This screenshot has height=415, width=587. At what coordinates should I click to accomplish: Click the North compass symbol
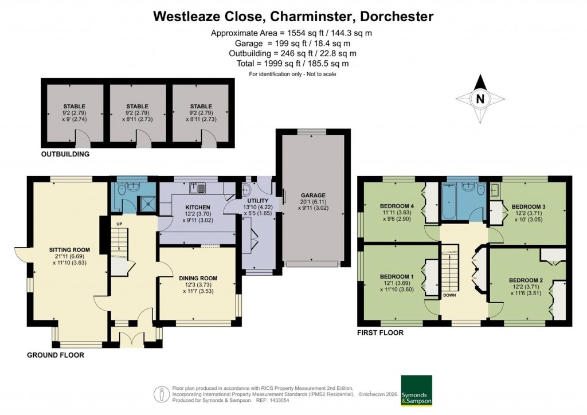tap(480, 99)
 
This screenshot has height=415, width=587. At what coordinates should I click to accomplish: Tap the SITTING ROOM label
tap(69, 249)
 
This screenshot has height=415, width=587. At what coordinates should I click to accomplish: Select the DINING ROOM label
tap(198, 279)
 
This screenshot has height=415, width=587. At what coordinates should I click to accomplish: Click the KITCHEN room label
tap(197, 207)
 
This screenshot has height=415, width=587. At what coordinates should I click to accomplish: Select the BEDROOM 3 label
tap(528, 206)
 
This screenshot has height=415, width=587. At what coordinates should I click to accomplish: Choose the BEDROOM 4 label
tap(396, 206)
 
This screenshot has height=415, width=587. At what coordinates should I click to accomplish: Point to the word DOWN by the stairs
tap(449, 296)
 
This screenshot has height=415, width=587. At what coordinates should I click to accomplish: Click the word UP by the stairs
tap(119, 223)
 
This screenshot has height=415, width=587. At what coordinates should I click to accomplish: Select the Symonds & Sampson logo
tap(416, 390)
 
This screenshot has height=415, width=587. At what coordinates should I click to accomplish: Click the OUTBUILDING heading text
tap(65, 154)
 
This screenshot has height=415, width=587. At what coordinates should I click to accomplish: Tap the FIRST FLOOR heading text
tap(380, 332)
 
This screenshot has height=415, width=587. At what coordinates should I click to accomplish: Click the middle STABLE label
tap(137, 106)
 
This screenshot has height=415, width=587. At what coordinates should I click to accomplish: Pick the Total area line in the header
tap(292, 64)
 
